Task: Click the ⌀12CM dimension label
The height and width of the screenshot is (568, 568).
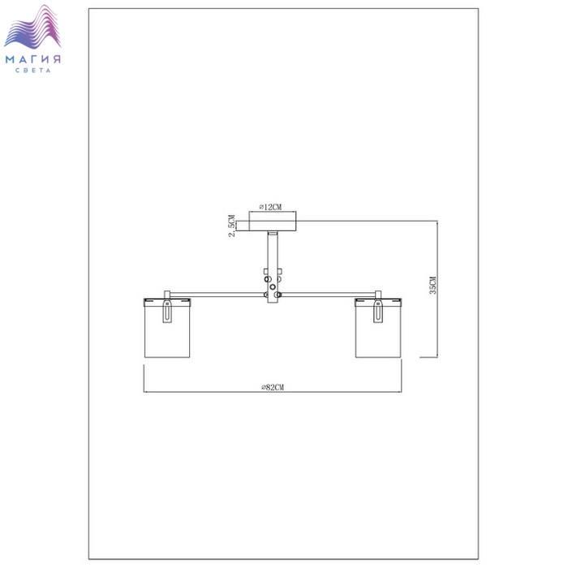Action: point(270,207)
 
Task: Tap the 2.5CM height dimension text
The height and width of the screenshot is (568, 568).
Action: point(232,226)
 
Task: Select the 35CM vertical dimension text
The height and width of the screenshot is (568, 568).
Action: point(432,285)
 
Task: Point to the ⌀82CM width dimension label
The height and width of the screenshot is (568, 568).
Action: point(273,387)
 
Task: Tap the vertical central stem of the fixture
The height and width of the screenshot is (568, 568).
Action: point(273,267)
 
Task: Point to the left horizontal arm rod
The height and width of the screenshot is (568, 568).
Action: point(217,295)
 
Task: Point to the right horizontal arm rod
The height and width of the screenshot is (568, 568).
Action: point(328,295)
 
